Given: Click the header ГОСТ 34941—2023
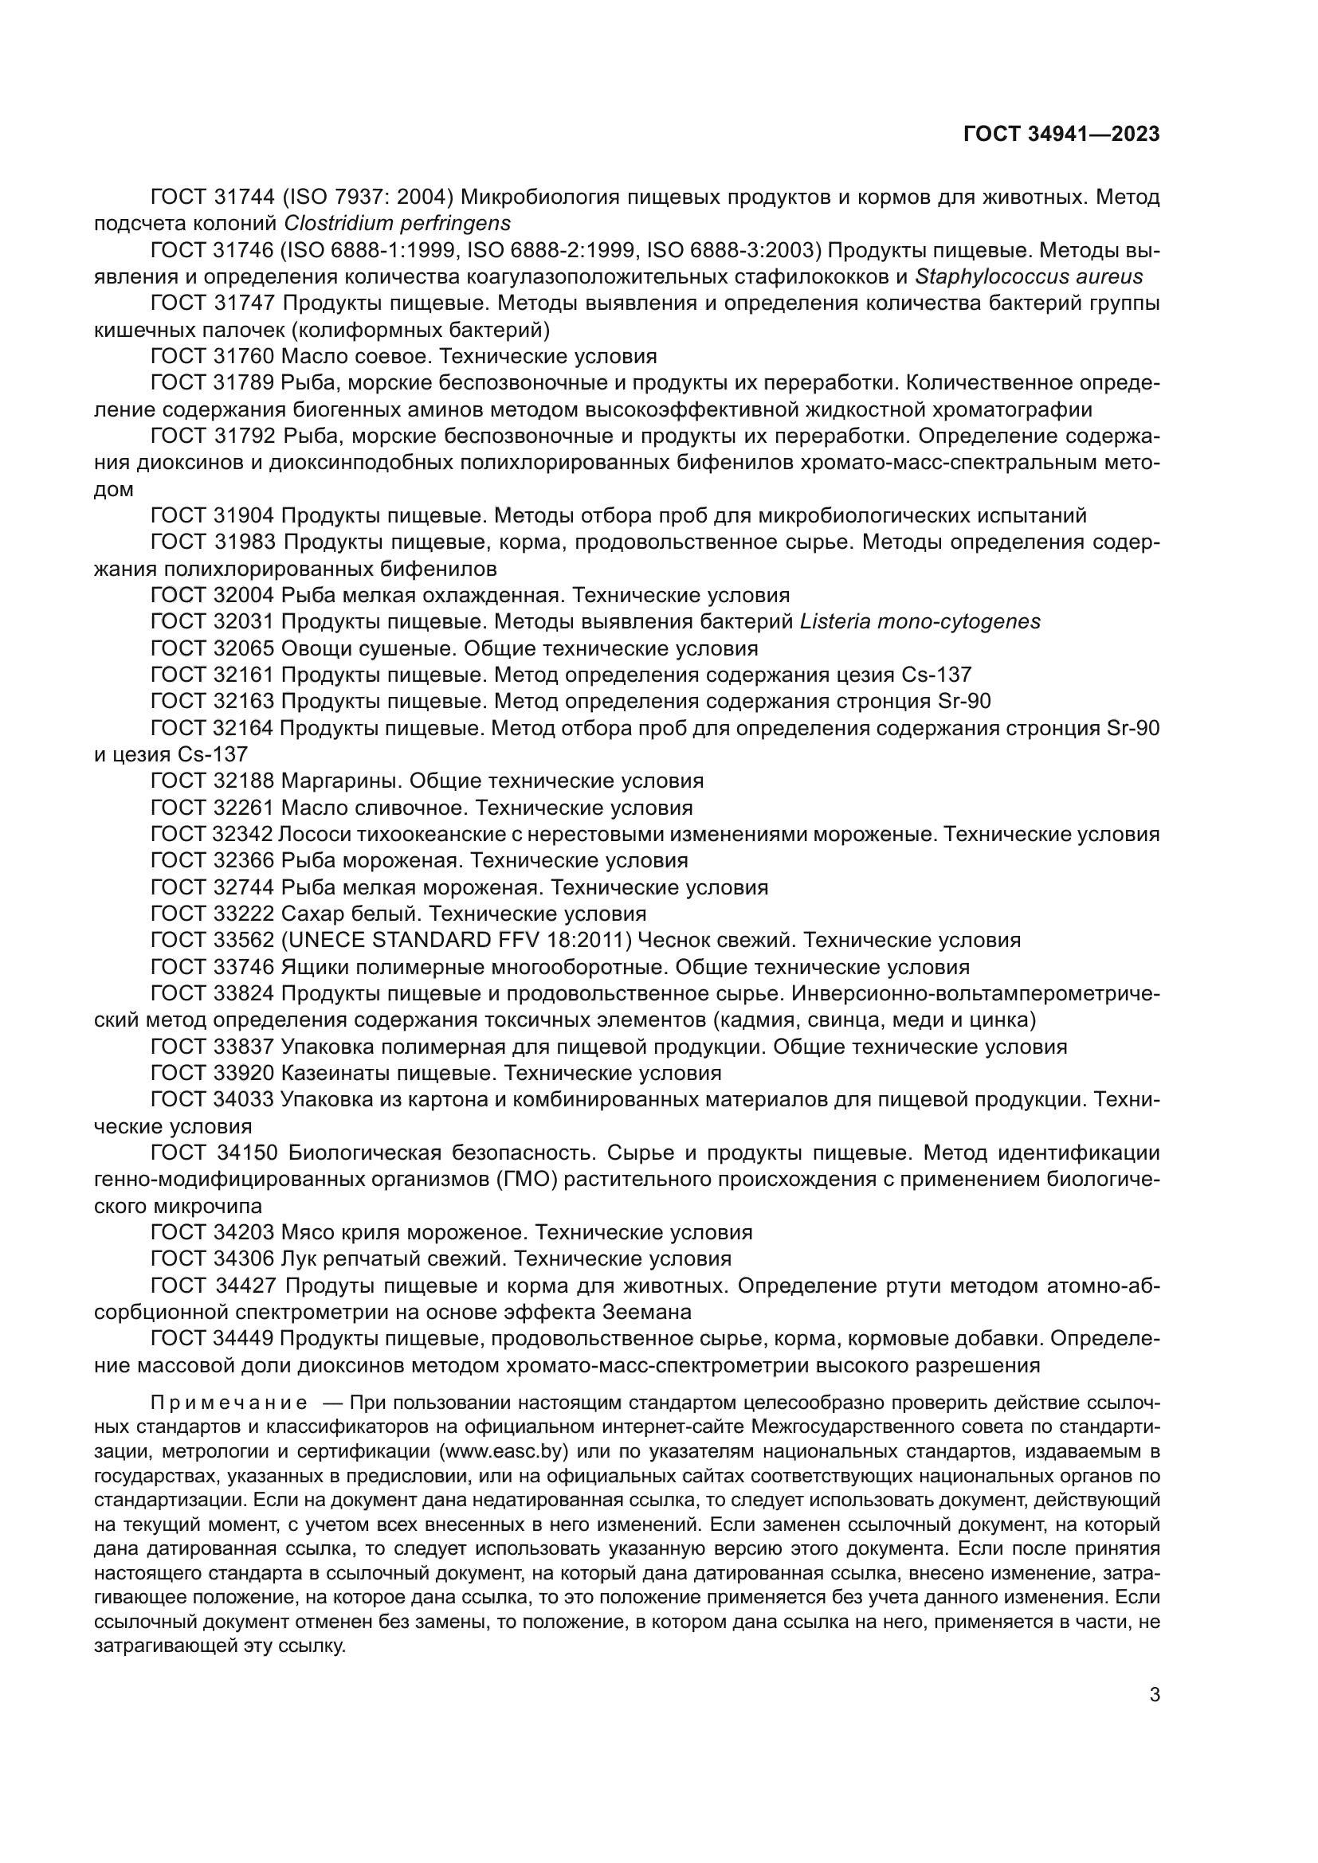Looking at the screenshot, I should [x=1061, y=135].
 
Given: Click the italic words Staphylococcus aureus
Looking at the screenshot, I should [x=1028, y=276].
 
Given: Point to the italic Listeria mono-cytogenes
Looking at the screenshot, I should [x=920, y=621].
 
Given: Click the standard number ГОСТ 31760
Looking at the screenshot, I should [x=214, y=356].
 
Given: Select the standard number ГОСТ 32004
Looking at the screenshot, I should [x=214, y=596].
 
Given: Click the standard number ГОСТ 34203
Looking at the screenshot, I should [x=214, y=1232].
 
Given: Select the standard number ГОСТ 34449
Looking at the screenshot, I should [x=214, y=1339].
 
